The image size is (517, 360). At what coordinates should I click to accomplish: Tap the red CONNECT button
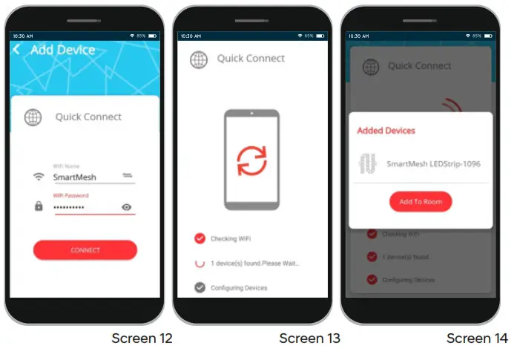click(x=85, y=250)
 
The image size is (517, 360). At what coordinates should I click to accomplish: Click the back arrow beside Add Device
click(x=17, y=50)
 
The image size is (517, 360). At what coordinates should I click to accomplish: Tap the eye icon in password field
click(x=126, y=207)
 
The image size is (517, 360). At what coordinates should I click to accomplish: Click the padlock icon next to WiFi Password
click(x=39, y=206)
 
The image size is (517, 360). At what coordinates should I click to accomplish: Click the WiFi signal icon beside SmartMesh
click(x=39, y=177)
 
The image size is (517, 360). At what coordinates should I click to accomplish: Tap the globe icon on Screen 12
click(x=33, y=117)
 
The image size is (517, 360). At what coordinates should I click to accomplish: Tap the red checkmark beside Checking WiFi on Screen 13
click(x=200, y=238)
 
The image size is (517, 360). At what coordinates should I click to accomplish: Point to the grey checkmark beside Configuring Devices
click(x=200, y=287)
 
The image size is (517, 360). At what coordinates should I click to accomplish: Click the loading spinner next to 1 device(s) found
click(x=200, y=263)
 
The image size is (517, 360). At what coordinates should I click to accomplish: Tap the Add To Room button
click(x=421, y=202)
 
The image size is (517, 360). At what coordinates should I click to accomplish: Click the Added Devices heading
click(x=386, y=131)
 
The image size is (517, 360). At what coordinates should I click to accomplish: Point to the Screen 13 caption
click(x=309, y=338)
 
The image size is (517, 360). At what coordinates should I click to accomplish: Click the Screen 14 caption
click(x=477, y=338)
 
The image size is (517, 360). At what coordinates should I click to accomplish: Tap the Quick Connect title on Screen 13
click(x=251, y=59)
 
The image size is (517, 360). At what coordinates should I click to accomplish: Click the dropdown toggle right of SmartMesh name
click(x=127, y=176)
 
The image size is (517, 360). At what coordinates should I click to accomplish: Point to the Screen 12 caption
click(x=142, y=338)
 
